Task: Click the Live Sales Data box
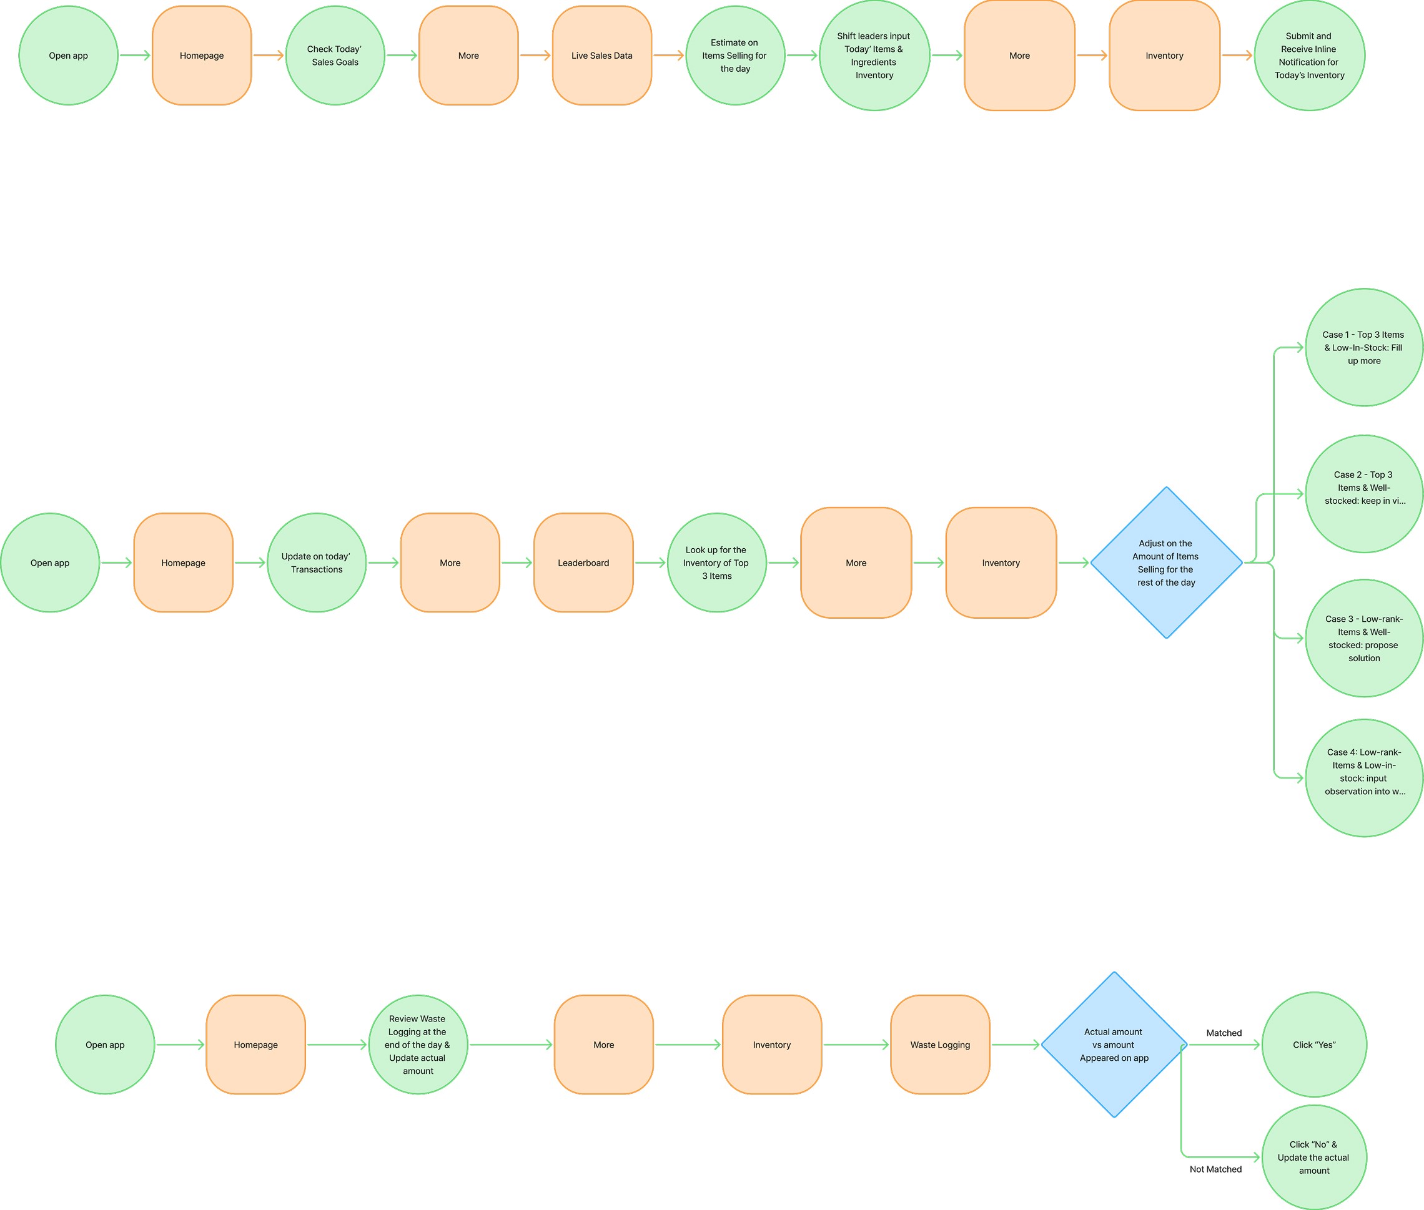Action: (602, 56)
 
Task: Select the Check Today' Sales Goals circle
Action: (335, 56)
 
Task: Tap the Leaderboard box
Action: (583, 563)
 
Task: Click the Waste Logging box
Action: (940, 1045)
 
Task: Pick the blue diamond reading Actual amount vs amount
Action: (1114, 1045)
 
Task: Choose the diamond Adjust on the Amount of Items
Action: (1166, 563)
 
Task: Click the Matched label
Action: (1224, 1033)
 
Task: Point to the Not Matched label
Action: (1215, 1169)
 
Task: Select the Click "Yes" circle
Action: (1314, 1045)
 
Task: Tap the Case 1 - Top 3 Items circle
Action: (1363, 348)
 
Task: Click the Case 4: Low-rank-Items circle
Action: (1363, 778)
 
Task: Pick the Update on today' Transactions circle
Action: (317, 563)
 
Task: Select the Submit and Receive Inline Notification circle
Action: (1310, 56)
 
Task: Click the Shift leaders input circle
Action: (874, 56)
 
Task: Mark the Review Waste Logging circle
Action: (418, 1045)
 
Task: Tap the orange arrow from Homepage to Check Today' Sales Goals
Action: (269, 56)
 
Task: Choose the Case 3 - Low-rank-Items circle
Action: (1363, 639)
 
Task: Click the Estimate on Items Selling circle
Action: (735, 56)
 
